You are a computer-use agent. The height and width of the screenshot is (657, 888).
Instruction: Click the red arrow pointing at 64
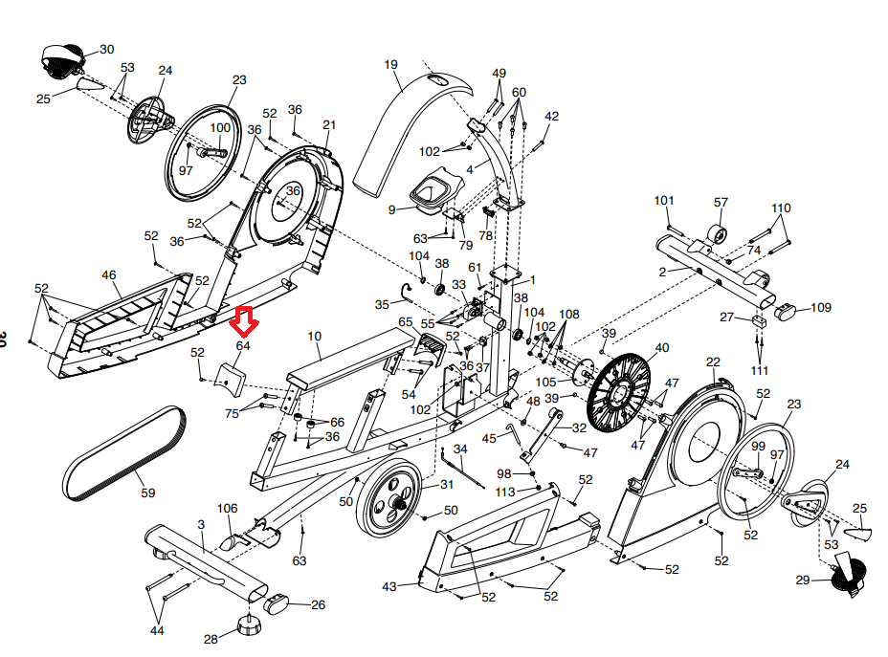tap(244, 321)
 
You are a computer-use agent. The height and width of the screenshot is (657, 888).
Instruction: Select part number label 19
tap(390, 64)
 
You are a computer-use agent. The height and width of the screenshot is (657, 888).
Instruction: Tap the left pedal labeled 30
tap(62, 60)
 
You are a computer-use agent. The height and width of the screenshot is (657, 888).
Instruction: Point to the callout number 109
tap(821, 307)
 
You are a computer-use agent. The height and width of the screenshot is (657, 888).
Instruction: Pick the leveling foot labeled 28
tap(249, 624)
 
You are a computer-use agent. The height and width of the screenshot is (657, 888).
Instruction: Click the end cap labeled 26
tap(277, 603)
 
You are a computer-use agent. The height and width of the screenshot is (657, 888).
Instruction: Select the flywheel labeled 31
tap(390, 498)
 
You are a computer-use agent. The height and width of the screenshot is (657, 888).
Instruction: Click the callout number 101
tap(664, 200)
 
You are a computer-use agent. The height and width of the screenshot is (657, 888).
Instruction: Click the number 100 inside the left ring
tap(220, 128)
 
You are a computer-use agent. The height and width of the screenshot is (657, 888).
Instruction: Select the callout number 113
tap(505, 492)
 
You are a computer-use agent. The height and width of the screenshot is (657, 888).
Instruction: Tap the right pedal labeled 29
tap(848, 574)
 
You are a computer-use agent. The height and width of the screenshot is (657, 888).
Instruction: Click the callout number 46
tap(109, 275)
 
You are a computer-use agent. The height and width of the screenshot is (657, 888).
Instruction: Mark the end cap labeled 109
tap(785, 311)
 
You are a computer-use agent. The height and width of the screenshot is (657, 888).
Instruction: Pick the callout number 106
tap(227, 508)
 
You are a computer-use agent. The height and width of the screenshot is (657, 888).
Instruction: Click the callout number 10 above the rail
tap(314, 336)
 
